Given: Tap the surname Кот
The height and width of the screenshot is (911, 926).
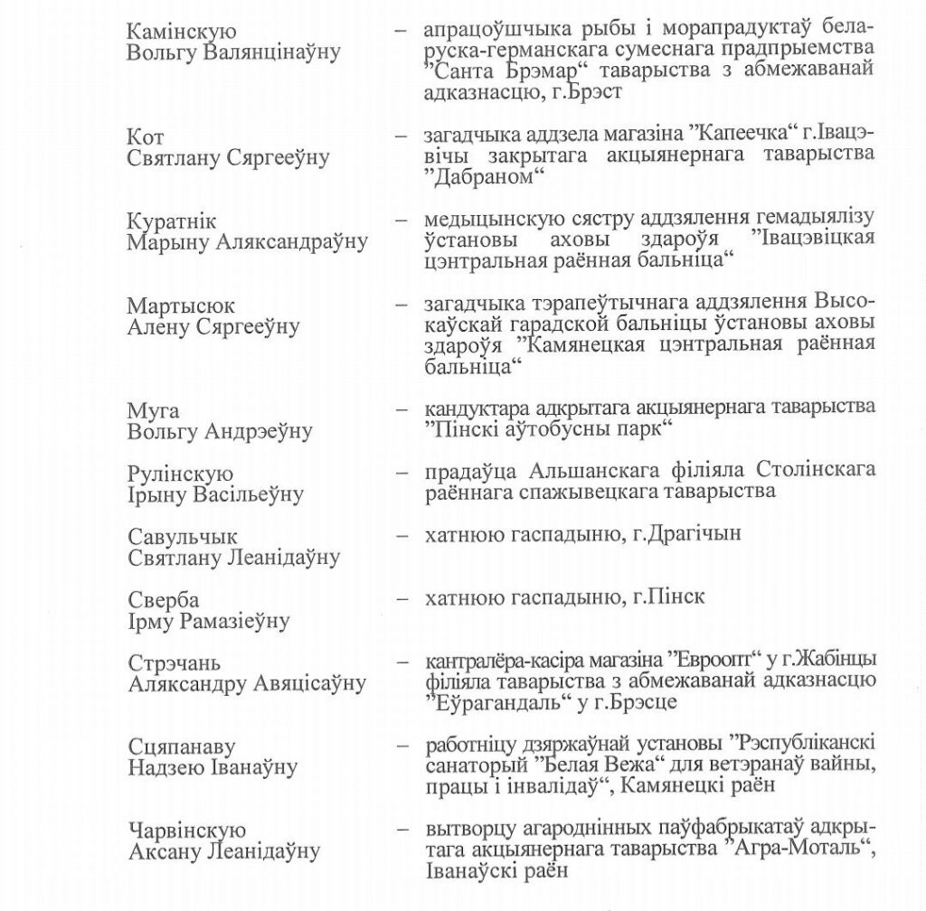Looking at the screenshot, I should [146, 137].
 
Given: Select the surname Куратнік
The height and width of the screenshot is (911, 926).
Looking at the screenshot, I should [172, 222].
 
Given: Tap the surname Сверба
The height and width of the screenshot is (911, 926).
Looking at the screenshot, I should [164, 601].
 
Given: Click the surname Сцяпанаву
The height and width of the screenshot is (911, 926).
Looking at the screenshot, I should [181, 748].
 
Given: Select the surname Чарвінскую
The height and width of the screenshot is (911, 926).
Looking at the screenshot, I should [186, 831].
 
